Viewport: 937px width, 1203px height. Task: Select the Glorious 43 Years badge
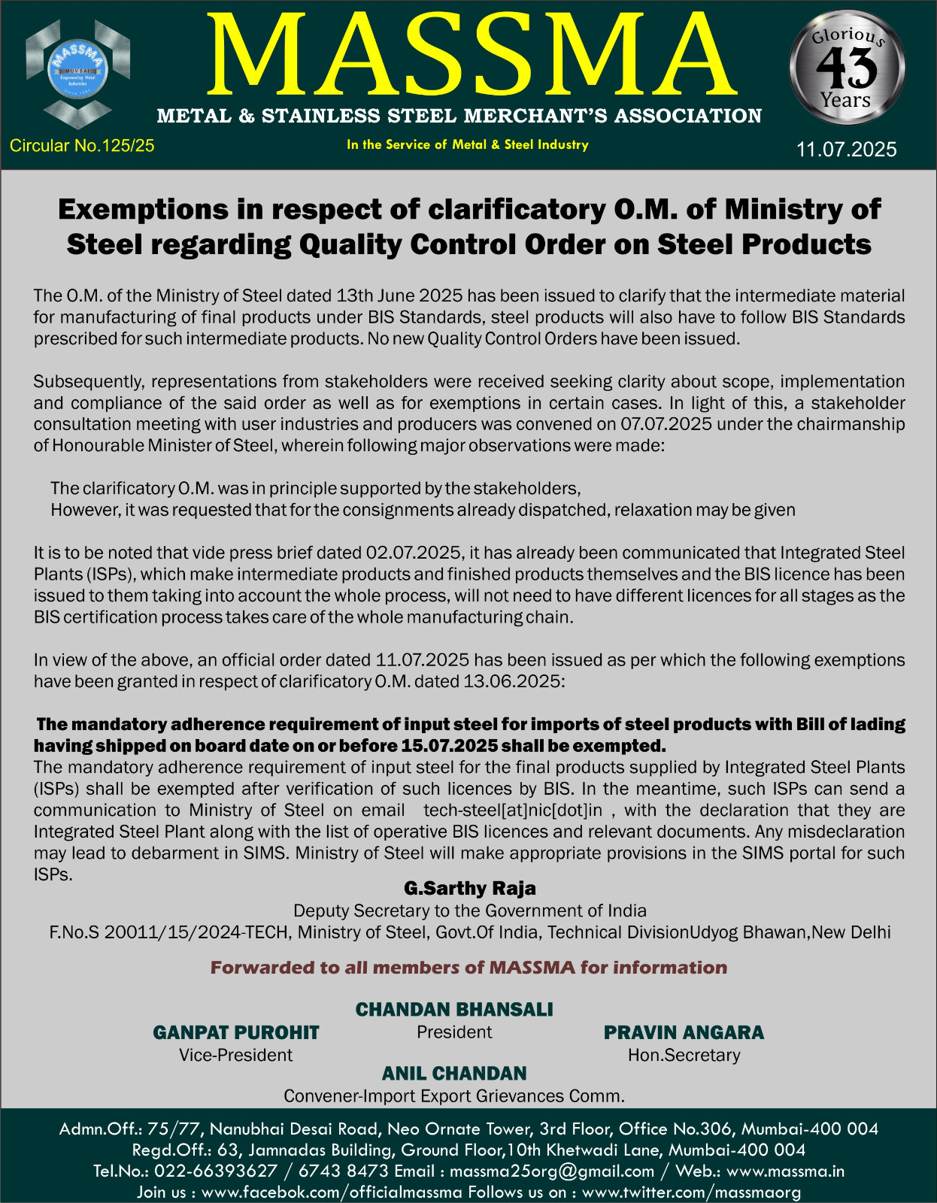(x=847, y=68)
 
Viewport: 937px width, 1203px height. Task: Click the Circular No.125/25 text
(x=82, y=146)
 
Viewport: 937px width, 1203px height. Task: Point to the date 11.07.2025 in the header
(x=846, y=149)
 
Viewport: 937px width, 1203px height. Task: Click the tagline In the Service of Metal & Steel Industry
(x=467, y=144)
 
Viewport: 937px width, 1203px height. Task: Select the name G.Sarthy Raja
(x=469, y=888)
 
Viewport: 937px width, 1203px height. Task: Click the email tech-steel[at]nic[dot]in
(x=513, y=810)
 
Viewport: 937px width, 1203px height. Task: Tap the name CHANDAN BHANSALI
(x=453, y=1009)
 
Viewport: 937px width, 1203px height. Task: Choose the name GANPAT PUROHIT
(x=235, y=1032)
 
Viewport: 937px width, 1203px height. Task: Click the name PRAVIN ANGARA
(x=684, y=1032)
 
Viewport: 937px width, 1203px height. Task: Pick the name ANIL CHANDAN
(x=453, y=1073)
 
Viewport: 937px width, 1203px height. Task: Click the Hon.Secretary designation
(x=684, y=1055)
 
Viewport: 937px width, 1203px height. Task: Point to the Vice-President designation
(x=235, y=1055)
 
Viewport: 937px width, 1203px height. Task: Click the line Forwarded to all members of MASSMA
(x=468, y=968)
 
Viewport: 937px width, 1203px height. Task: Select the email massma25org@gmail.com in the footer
(x=552, y=1171)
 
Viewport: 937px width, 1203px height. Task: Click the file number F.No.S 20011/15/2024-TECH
(x=169, y=932)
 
